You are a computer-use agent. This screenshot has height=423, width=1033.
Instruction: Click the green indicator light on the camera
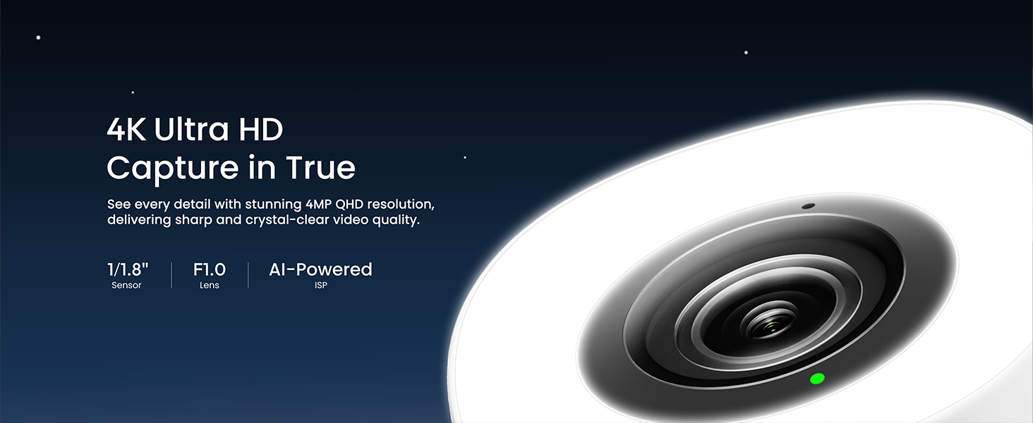[817, 379]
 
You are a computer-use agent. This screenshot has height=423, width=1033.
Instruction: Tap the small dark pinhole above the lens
[809, 206]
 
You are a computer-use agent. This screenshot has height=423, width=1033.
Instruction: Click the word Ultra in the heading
[191, 129]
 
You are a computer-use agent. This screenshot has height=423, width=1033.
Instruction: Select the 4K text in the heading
[127, 130]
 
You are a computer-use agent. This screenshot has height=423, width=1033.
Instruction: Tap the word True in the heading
[321, 167]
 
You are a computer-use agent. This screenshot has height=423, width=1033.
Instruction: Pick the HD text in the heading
[260, 130]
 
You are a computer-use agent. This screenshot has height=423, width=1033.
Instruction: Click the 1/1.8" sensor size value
[128, 269]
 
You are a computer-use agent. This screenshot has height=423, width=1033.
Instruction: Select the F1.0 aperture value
[210, 269]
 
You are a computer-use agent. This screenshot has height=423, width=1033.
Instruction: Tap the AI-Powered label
[320, 269]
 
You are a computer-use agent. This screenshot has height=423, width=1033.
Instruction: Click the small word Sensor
[126, 286]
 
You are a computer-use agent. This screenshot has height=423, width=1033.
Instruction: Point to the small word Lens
[210, 286]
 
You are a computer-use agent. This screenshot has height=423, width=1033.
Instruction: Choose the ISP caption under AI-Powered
[321, 286]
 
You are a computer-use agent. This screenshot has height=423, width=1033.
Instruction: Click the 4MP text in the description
[318, 204]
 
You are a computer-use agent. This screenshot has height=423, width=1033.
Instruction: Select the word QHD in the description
[349, 204]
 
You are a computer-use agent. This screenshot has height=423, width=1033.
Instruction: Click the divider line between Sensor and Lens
[171, 276]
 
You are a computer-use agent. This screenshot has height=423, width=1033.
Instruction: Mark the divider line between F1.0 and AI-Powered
[248, 276]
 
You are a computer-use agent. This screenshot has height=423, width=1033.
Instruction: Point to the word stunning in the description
[273, 204]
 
